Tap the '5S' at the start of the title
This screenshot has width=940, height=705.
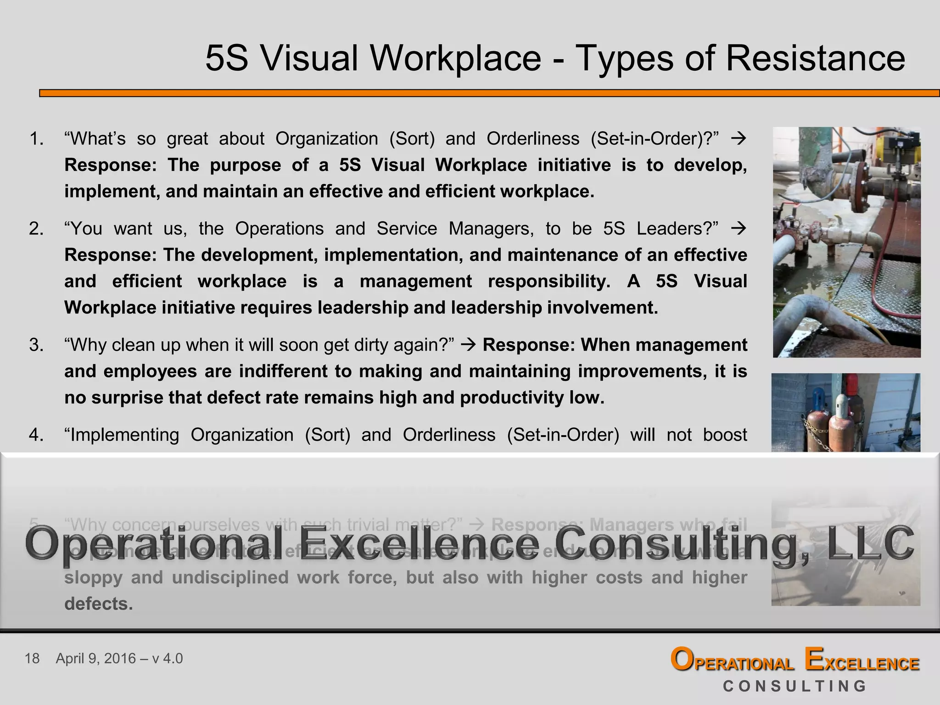[x=227, y=58]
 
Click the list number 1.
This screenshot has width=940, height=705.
[x=36, y=139]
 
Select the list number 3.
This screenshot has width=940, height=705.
[x=36, y=345]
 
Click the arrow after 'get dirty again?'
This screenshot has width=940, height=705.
[x=468, y=345]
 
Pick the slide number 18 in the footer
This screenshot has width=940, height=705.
[x=32, y=659]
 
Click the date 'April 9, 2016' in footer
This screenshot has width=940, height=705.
[x=95, y=659]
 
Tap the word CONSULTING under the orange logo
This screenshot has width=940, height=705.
[x=795, y=686]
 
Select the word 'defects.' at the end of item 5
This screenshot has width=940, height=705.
[x=99, y=604]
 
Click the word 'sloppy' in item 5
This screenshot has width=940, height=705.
[x=93, y=578]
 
